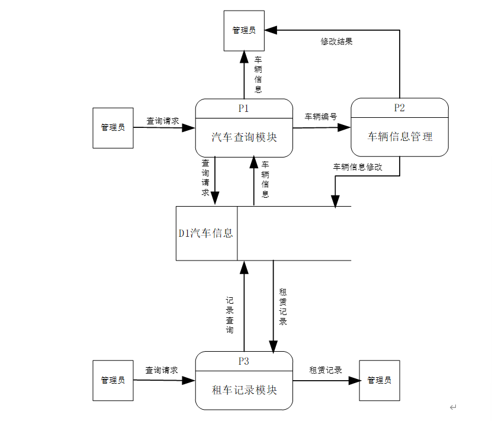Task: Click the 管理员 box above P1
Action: pyautogui.click(x=244, y=30)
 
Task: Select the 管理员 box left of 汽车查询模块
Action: pyautogui.click(x=113, y=127)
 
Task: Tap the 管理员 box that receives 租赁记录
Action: pyautogui.click(x=380, y=380)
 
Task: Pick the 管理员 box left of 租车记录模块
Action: pyautogui.click(x=113, y=380)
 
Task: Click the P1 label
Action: pyautogui.click(x=244, y=108)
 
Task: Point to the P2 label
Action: pyautogui.click(x=400, y=108)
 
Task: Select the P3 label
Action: pyautogui.click(x=244, y=361)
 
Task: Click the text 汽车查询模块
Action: pyautogui.click(x=244, y=137)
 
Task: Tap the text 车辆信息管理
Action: pyautogui.click(x=400, y=137)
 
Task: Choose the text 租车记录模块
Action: pyautogui.click(x=244, y=390)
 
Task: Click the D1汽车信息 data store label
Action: pyautogui.click(x=206, y=233)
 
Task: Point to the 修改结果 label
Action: pyautogui.click(x=337, y=41)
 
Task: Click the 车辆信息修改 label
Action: pyautogui.click(x=358, y=167)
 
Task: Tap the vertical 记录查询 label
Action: pyautogui.click(x=230, y=315)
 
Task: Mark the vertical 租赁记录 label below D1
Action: pyautogui.click(x=283, y=307)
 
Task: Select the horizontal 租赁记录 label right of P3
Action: pyautogui.click(x=326, y=370)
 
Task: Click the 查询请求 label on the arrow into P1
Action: pyautogui.click(x=163, y=121)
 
